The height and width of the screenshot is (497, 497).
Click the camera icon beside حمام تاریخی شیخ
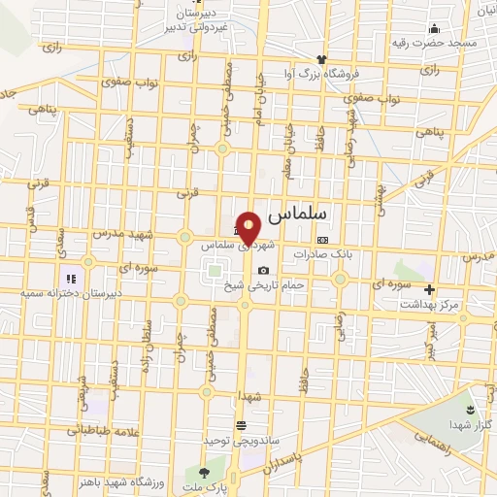263,270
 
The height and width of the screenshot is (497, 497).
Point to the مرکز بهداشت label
426,304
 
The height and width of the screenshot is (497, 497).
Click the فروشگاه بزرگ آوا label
327,73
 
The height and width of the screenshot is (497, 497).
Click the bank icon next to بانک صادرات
323,240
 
